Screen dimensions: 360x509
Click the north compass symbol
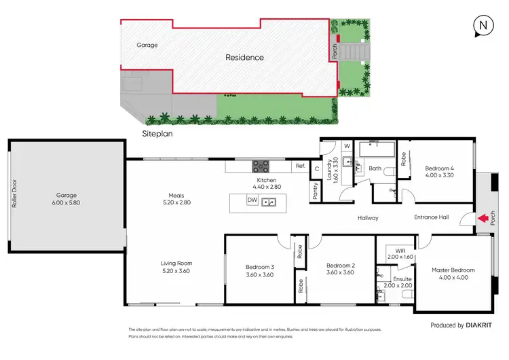click(x=482, y=25)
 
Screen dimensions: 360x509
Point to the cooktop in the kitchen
click(x=261, y=166)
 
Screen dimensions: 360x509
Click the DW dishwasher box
click(x=252, y=200)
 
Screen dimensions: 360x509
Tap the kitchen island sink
click(x=270, y=201)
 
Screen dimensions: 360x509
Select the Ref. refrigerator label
click(x=299, y=166)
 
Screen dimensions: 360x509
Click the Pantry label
click(x=316, y=192)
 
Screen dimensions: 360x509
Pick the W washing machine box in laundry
click(x=346, y=145)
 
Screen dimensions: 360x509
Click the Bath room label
click(x=375, y=168)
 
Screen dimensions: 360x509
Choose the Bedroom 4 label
click(x=439, y=168)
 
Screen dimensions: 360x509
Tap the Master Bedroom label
click(x=453, y=270)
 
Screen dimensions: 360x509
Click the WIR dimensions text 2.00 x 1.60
click(x=399, y=257)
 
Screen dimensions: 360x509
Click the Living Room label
click(x=176, y=263)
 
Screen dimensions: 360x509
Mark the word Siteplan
click(x=158, y=134)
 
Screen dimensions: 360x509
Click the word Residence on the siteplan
click(x=244, y=58)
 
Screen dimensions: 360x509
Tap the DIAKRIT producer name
click(x=485, y=325)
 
